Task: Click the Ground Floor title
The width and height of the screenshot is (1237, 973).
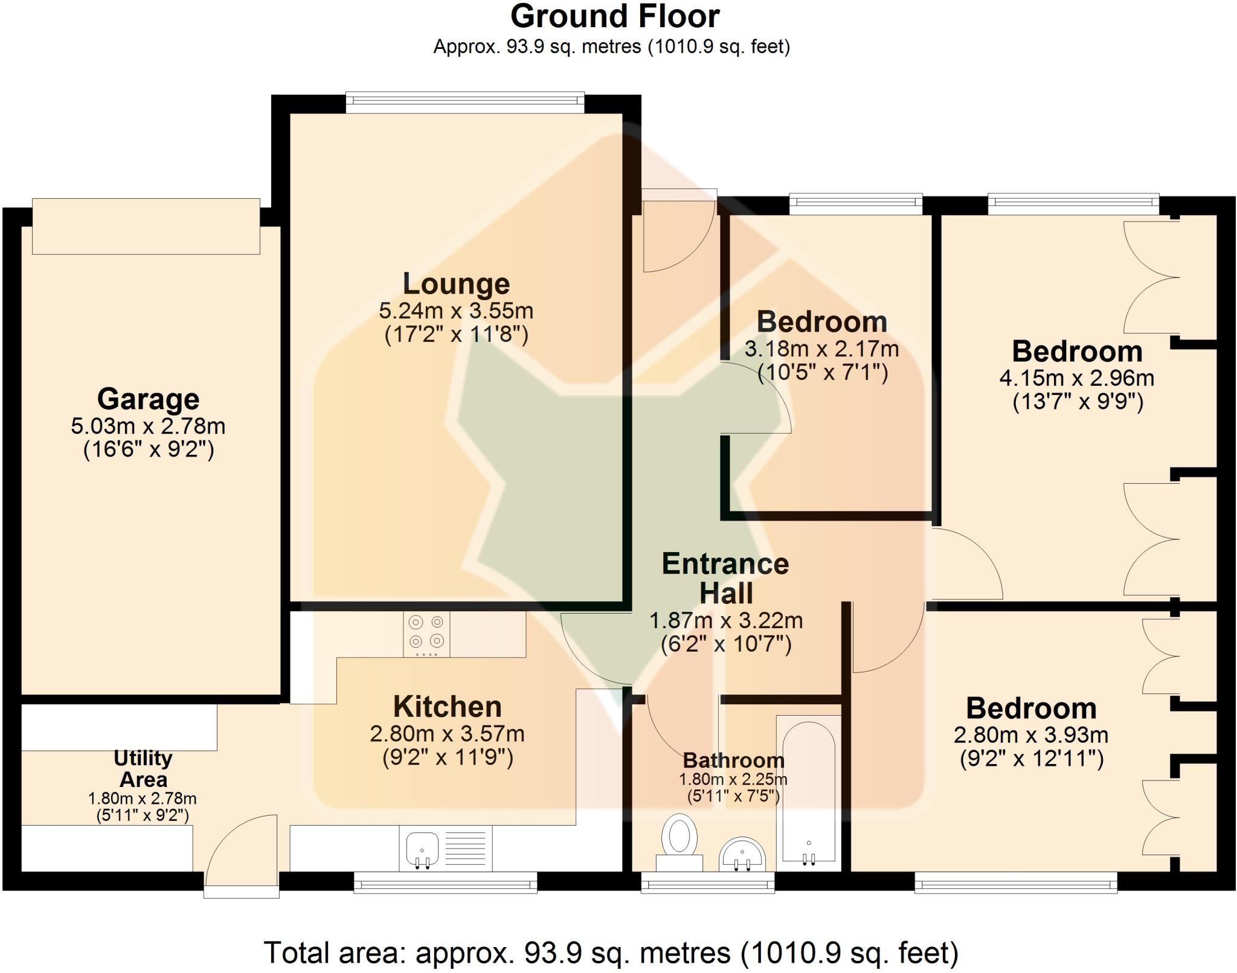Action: click(615, 17)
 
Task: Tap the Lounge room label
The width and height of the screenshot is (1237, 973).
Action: click(456, 284)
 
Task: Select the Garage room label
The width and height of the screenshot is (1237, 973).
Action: click(148, 399)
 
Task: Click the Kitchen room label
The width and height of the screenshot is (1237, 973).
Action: click(447, 707)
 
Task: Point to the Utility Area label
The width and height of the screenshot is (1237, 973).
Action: click(143, 768)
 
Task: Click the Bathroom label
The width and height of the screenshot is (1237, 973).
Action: click(733, 760)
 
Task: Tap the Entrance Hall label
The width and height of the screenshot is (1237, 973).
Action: click(725, 578)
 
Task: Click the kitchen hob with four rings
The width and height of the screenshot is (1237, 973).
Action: click(426, 634)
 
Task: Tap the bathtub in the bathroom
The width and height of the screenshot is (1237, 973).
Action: click(809, 791)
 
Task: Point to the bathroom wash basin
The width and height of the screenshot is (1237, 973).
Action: click(742, 855)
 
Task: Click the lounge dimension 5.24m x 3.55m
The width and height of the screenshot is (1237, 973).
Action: click(456, 312)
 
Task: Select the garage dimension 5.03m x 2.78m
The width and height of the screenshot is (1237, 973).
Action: click(148, 426)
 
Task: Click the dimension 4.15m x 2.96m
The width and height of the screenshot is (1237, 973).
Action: click(1077, 379)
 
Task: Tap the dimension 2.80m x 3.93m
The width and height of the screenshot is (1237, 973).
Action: click(1031, 736)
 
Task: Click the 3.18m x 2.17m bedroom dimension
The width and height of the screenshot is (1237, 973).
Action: click(821, 349)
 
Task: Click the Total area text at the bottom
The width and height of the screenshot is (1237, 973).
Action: click(611, 953)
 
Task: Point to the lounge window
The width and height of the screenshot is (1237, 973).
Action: click(465, 102)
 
